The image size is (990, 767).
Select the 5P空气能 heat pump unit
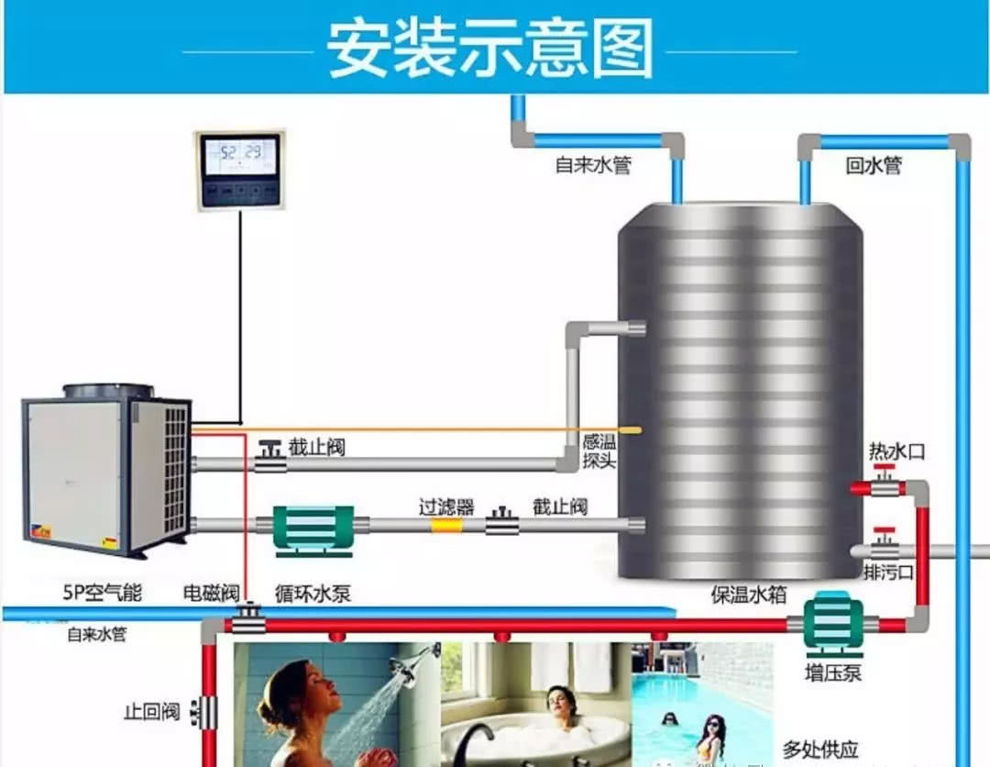point(106,472)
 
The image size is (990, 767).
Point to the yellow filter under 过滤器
point(447,525)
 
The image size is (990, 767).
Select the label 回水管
point(873,165)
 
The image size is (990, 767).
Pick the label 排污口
point(888,572)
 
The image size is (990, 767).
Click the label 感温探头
point(599,450)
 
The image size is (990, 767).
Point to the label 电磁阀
point(212,594)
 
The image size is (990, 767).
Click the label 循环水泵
point(313,594)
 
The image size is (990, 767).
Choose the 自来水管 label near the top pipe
point(592,166)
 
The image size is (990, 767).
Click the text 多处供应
point(819,750)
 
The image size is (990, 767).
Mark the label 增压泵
point(833,673)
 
